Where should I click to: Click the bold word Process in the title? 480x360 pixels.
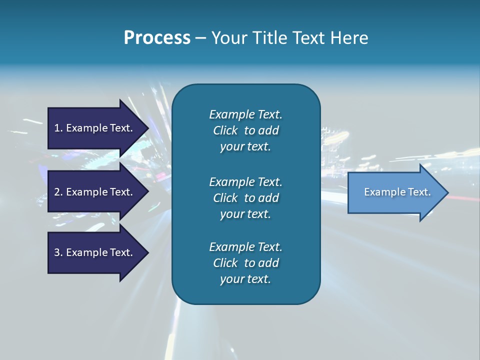pos(157,38)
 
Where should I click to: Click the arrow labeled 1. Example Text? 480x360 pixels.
pos(95,128)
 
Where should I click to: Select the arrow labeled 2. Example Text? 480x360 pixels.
pos(95,192)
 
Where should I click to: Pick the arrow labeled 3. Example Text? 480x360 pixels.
pos(95,252)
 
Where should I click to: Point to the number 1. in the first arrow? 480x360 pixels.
pos(58,128)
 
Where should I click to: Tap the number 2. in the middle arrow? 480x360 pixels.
pos(58,192)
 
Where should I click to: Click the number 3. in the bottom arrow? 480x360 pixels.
pos(58,252)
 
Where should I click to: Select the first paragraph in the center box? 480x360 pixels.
pos(245,130)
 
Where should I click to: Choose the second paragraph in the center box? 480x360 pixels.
pos(245,197)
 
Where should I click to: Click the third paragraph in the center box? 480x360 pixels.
pos(245,263)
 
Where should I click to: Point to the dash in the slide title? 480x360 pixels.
pos(200,38)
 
